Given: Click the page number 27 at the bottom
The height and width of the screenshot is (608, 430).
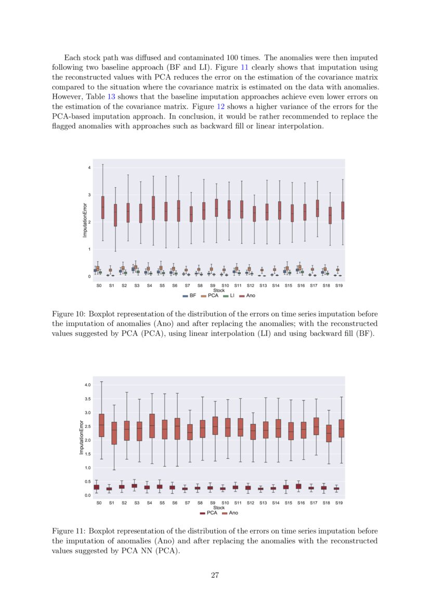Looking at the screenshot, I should [x=215, y=575].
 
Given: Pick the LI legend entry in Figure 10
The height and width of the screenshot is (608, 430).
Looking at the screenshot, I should [x=229, y=295].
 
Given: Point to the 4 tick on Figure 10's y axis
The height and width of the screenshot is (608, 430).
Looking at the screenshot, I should [x=89, y=167].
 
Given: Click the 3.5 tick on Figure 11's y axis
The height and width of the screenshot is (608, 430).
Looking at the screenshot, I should [x=87, y=399].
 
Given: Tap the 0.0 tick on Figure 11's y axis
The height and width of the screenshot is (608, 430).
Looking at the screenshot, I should [x=87, y=495].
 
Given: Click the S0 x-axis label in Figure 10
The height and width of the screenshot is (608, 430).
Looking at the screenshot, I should [x=99, y=286].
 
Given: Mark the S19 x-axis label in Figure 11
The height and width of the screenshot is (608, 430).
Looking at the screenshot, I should [x=338, y=503].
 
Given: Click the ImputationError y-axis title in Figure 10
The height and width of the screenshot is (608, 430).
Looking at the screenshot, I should [x=84, y=220].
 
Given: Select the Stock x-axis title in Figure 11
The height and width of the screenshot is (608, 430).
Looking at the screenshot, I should [x=219, y=508].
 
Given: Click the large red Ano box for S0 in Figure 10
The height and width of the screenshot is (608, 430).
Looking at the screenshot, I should [x=102, y=207].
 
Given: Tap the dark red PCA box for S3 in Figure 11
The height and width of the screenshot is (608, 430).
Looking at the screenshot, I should [x=134, y=486].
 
